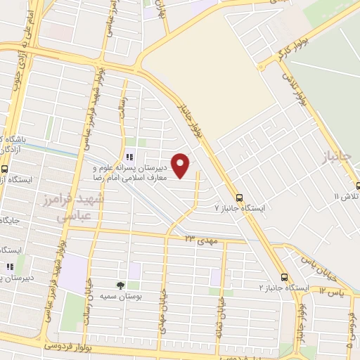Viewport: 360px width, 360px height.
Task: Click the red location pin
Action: pos(181,165)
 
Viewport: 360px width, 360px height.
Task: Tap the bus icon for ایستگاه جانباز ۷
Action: pos(240,198)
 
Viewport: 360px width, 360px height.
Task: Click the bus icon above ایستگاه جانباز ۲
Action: pos(284,277)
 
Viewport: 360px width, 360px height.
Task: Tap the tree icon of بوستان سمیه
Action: pos(120,285)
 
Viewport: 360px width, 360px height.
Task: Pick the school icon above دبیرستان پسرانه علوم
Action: pos(128,157)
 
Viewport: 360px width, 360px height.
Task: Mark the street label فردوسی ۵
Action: pos(349,335)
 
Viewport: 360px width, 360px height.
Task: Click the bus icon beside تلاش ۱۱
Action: pos(357,186)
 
